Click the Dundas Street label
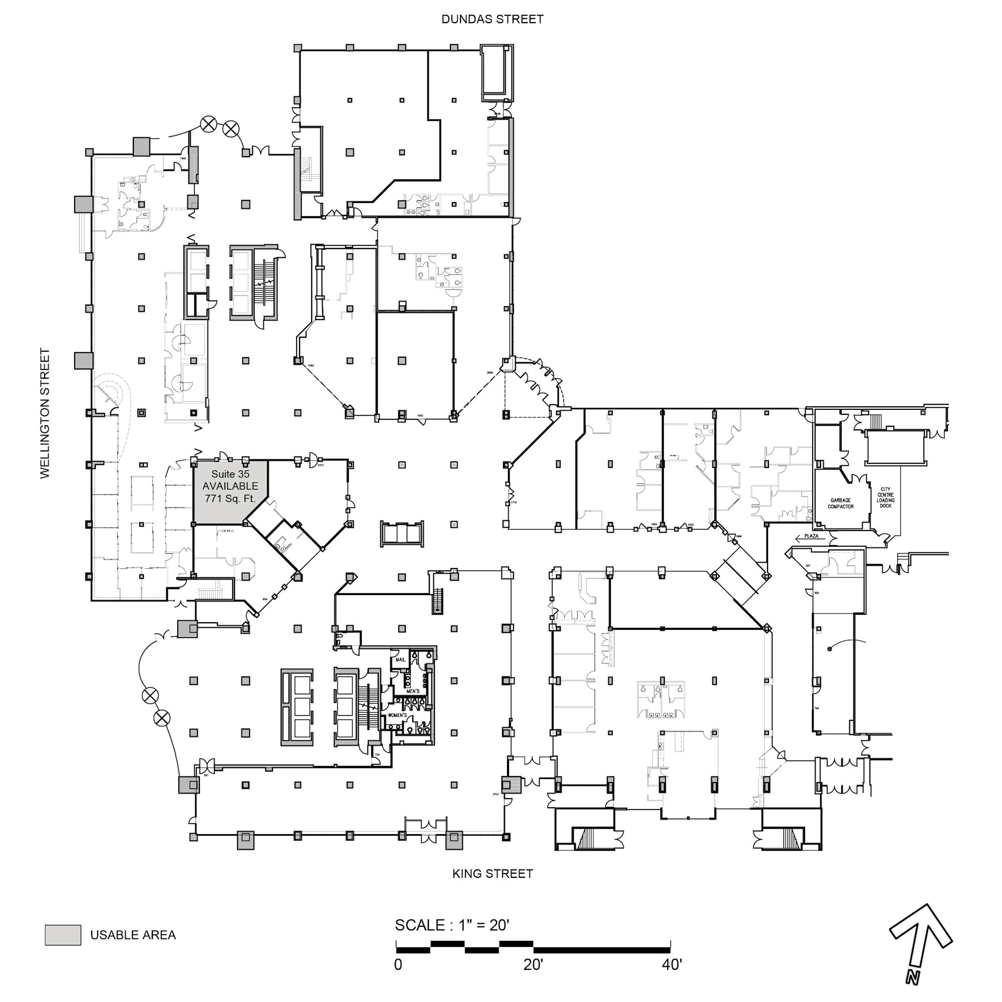[492, 19]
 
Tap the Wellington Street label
[45, 413]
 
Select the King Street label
[492, 874]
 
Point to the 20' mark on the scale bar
[533, 964]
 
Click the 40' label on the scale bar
[672, 964]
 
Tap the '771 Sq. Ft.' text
[230, 498]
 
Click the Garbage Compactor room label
[840, 504]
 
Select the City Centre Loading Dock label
[885, 497]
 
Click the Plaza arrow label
[811, 537]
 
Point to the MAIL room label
[400, 660]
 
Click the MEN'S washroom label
[413, 691]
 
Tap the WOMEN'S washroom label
[397, 715]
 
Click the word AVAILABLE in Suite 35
[230, 486]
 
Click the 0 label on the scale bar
[398, 964]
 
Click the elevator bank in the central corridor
[402, 533]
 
